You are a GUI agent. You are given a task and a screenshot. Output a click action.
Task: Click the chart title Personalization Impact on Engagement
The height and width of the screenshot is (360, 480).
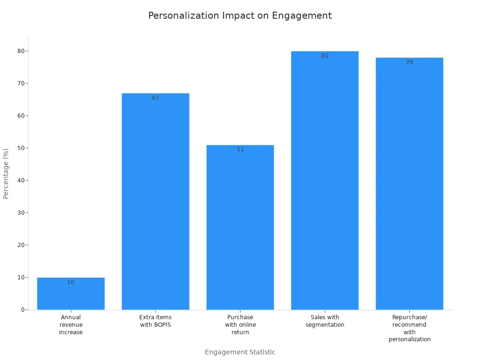[240, 16]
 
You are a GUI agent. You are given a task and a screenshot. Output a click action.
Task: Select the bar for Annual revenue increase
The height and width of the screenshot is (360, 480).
[71, 295]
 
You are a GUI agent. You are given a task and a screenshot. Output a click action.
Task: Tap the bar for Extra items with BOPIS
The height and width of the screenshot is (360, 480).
[156, 202]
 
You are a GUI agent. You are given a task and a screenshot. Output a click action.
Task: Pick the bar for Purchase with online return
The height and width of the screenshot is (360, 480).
[240, 227]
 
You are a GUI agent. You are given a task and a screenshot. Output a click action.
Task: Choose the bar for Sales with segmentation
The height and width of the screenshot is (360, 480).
[325, 180]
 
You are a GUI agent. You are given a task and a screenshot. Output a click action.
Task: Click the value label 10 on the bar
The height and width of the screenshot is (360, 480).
[71, 282]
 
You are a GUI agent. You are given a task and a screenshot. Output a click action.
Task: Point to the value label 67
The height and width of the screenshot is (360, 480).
[156, 98]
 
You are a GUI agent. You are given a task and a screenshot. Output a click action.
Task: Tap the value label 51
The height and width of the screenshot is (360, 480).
[240, 150]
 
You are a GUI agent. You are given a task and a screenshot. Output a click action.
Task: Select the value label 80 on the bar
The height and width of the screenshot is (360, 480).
[325, 56]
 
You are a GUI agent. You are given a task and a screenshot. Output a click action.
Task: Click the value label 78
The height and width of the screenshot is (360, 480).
[409, 62]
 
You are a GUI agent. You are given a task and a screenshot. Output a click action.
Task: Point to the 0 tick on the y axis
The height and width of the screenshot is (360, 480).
[22, 310]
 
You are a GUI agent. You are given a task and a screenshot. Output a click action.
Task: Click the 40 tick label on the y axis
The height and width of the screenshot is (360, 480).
[21, 180]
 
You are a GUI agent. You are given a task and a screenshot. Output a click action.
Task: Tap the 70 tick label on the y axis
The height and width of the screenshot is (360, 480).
[21, 83]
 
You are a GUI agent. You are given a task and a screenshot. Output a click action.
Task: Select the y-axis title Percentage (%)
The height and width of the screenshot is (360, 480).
[6, 173]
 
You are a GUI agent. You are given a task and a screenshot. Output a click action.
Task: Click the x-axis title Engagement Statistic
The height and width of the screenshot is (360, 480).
[240, 352]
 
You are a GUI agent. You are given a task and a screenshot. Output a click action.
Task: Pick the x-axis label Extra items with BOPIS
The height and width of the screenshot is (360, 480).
[156, 321]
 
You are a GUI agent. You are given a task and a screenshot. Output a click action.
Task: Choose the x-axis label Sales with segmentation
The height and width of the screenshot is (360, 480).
[325, 321]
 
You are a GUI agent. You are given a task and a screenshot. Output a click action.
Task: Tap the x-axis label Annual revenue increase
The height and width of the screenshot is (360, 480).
[71, 325]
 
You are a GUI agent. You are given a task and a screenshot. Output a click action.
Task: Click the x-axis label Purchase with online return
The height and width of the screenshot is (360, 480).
[240, 325]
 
